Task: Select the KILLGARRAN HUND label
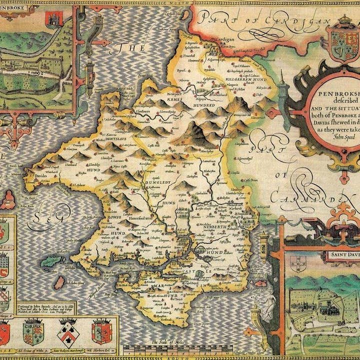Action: (242, 79)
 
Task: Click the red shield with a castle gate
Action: (51, 19)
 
